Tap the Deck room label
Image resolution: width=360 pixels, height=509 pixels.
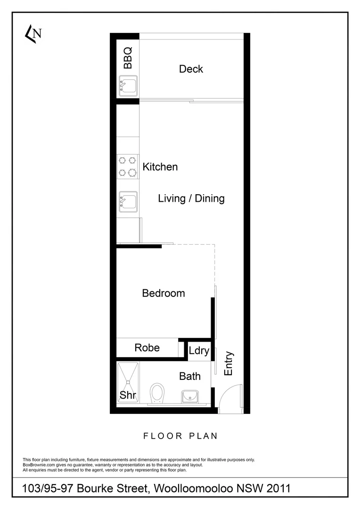tap(191, 69)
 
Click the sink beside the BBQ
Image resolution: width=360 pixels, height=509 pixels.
tap(128, 86)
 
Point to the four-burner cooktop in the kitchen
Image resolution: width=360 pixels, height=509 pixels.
tap(127, 167)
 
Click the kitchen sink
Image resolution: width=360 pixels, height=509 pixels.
tap(128, 201)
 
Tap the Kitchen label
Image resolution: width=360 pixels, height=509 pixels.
tap(160, 167)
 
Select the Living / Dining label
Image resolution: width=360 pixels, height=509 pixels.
tap(191, 198)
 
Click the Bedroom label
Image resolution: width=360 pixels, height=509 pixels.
tap(164, 293)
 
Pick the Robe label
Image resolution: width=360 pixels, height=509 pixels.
tap(147, 348)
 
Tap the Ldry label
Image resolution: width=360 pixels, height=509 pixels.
tap(199, 351)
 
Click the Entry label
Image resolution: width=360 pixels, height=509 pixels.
tap(229, 363)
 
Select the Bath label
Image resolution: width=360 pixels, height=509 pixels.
tap(190, 376)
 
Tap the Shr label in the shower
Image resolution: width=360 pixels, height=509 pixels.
tap(128, 395)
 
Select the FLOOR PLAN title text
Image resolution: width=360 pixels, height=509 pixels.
tap(180, 436)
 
